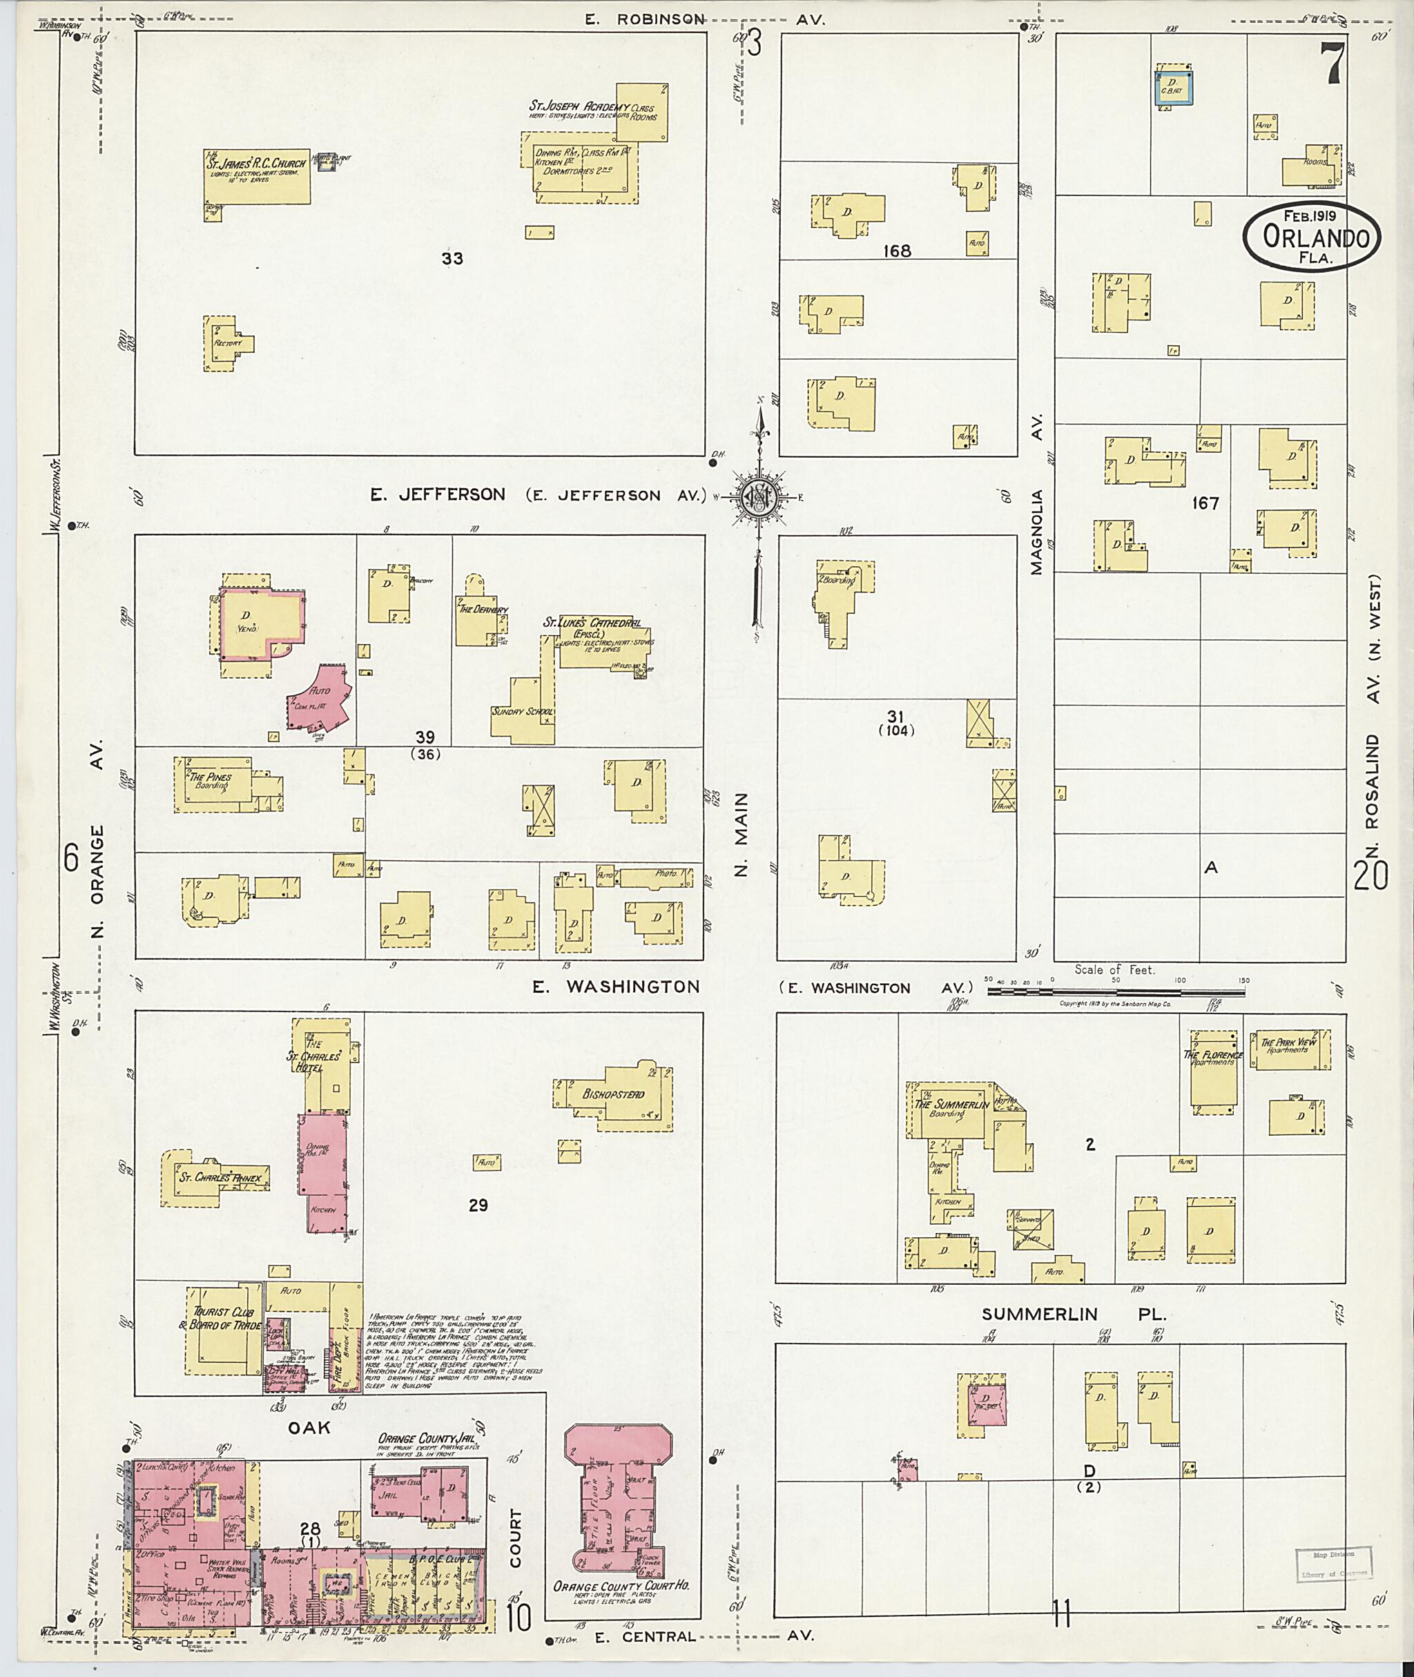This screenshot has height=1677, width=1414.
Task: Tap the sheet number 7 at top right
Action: coord(1333,65)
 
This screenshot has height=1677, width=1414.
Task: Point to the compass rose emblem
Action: coord(755,497)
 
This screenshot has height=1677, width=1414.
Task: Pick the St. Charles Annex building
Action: coord(215,1179)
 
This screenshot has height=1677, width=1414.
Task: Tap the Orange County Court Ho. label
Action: coord(621,1584)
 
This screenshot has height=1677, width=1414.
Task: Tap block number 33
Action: coord(452,258)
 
